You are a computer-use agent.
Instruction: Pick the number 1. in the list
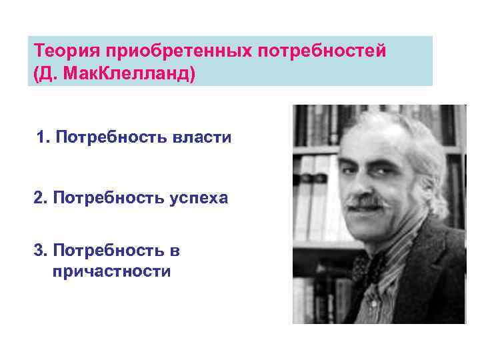click(44, 137)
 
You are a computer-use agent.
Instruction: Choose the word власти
click(202, 137)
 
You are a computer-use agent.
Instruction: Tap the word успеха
click(199, 198)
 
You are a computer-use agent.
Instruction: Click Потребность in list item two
click(110, 198)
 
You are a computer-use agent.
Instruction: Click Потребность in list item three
click(110, 251)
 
